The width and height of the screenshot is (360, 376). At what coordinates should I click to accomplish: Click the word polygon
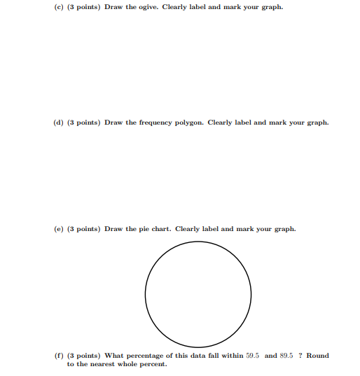click(191, 123)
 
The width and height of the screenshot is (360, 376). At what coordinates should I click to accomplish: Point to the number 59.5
click(254, 356)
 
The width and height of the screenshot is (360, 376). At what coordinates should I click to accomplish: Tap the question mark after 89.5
click(300, 356)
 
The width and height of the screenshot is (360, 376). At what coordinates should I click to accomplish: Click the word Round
click(317, 356)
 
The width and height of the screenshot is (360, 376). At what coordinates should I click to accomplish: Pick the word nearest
click(100, 364)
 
